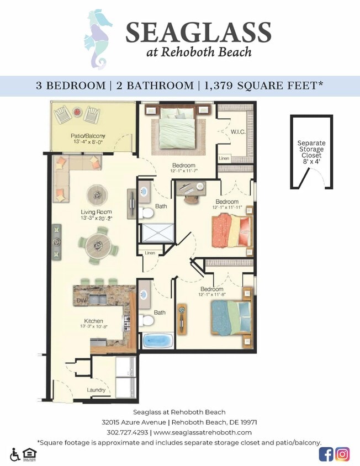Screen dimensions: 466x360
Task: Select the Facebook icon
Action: pos(326,454)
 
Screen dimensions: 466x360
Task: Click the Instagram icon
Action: pos(343,454)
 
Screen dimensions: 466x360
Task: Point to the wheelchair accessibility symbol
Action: pos(14,454)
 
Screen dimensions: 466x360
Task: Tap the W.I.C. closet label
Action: pos(239,132)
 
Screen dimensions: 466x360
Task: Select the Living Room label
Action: pos(96,212)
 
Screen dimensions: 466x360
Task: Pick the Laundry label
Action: pos(96,390)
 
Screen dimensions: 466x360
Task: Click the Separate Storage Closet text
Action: pos(311,149)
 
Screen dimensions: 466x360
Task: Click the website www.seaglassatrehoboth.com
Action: pos(203,432)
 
